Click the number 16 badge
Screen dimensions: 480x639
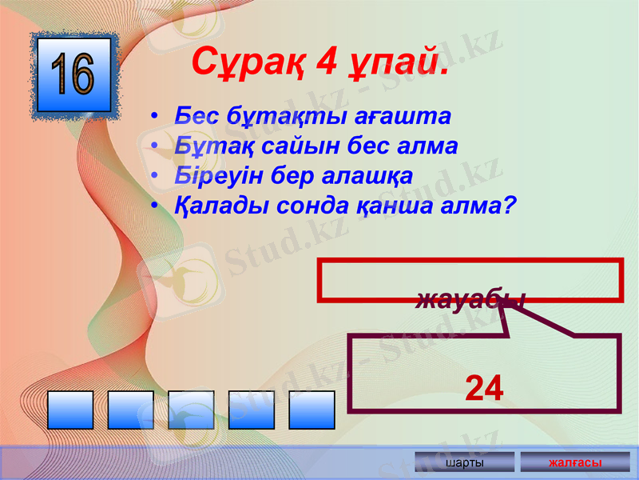coord(74,74)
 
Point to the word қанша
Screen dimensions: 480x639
coord(388,206)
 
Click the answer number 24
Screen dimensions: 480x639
coord(484,389)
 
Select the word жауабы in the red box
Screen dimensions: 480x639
coord(470,300)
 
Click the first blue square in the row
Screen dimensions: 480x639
coord(70,410)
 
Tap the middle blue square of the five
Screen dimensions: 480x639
coord(191,410)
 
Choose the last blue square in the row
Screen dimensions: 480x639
coord(312,410)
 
